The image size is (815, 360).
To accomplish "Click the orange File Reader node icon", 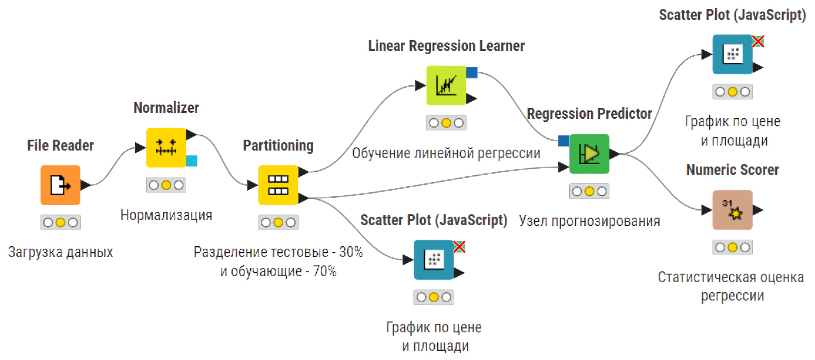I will [x=60, y=185].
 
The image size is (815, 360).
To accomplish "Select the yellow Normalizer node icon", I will [x=166, y=147].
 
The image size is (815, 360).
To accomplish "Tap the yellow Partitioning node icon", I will [x=278, y=185].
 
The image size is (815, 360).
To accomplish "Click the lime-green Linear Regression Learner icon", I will [x=446, y=85].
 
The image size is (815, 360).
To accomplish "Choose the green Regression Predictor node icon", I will [x=589, y=154].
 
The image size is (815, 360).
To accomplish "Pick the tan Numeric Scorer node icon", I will [x=732, y=210].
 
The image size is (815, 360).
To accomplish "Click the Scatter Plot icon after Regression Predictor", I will [x=732, y=54].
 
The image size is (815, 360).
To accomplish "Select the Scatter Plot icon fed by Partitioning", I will [x=434, y=259].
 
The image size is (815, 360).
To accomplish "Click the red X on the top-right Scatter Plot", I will [x=758, y=42].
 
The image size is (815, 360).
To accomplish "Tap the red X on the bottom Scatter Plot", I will [x=459, y=247].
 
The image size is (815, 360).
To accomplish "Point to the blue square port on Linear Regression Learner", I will [x=472, y=72].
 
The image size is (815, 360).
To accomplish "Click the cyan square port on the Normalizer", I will [x=192, y=161].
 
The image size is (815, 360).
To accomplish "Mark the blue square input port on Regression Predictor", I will [x=564, y=141].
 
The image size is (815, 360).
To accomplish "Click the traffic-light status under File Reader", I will [x=60, y=222].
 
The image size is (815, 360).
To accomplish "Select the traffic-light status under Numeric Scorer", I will [x=732, y=247].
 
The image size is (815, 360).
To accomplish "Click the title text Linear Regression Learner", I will [x=446, y=46].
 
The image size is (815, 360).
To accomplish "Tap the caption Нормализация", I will [x=166, y=215].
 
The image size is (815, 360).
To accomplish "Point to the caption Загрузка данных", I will [x=60, y=252].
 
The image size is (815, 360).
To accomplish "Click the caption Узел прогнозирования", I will [x=589, y=221].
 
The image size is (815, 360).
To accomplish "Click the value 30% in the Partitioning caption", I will [x=351, y=252].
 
